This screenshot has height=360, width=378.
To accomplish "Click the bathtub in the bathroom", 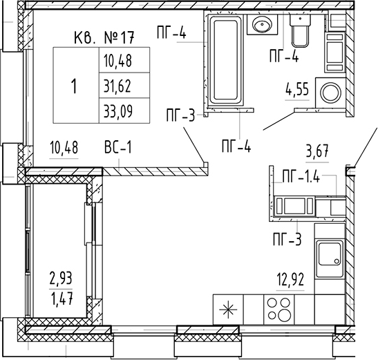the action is [x=226, y=60].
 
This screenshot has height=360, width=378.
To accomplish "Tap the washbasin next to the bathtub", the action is [x=263, y=24].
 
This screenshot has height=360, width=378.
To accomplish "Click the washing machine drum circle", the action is [x=330, y=93].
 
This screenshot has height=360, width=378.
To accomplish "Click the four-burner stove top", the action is [x=279, y=310].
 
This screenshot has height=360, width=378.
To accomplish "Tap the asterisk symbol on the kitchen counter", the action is [x=228, y=310].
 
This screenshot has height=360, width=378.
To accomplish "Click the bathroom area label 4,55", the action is [x=297, y=90].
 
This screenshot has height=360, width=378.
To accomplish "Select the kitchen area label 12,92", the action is [x=291, y=280].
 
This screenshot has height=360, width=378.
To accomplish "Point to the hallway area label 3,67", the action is [x=317, y=151].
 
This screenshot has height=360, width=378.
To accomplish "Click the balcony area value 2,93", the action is [x=61, y=278].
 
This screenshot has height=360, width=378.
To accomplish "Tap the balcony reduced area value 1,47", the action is [x=62, y=299].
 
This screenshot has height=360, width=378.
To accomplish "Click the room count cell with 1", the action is [x=76, y=85].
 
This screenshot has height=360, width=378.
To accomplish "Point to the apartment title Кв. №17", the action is [x=104, y=37].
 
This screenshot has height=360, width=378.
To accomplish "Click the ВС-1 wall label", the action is [x=118, y=147].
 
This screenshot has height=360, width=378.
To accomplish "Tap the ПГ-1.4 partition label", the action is [x=301, y=177].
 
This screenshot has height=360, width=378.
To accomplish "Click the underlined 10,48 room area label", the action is [x=64, y=147].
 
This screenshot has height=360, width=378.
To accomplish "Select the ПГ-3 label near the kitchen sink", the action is [x=287, y=240].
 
